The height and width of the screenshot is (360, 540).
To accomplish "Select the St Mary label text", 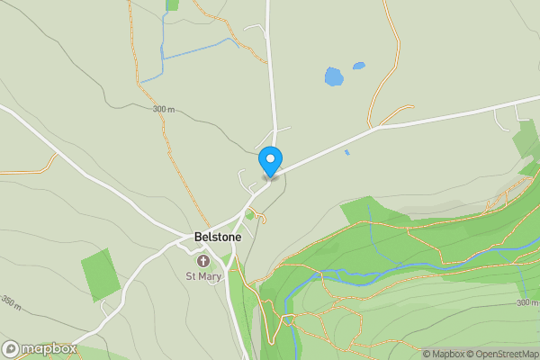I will point(203,276).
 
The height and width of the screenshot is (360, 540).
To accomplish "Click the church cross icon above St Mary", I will point(203,261).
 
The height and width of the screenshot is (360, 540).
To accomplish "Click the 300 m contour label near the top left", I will point(164,109).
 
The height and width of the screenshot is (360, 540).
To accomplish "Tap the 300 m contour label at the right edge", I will point(527,302).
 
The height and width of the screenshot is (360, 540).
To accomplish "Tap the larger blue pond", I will point(334,76).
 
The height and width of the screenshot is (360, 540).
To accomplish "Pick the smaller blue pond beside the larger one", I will point(359,66).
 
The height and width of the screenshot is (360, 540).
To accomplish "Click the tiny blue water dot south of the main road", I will point(346,152).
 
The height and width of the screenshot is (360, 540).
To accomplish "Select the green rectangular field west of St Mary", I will point(100,274).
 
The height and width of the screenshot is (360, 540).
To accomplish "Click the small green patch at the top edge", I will point(172,4).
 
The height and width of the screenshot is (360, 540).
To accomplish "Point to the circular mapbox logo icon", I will point(11,348).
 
